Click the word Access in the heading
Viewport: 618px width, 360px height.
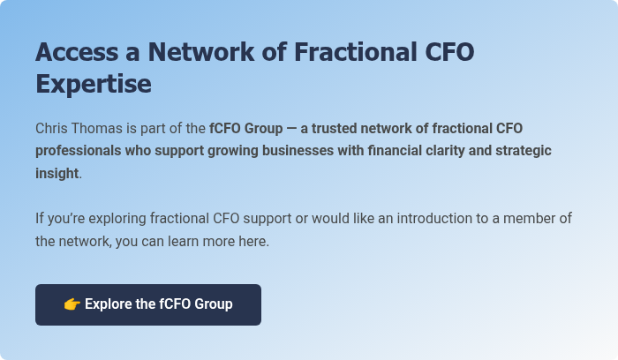(77, 52)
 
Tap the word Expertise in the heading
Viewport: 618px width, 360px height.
(94, 85)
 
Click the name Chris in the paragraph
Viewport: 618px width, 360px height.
(53, 128)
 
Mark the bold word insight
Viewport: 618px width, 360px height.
(57, 174)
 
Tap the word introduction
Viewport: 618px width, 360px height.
(447, 218)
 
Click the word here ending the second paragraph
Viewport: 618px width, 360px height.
(252, 241)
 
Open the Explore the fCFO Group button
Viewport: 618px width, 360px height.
(148, 304)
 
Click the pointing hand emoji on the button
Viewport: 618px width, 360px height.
(72, 304)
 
